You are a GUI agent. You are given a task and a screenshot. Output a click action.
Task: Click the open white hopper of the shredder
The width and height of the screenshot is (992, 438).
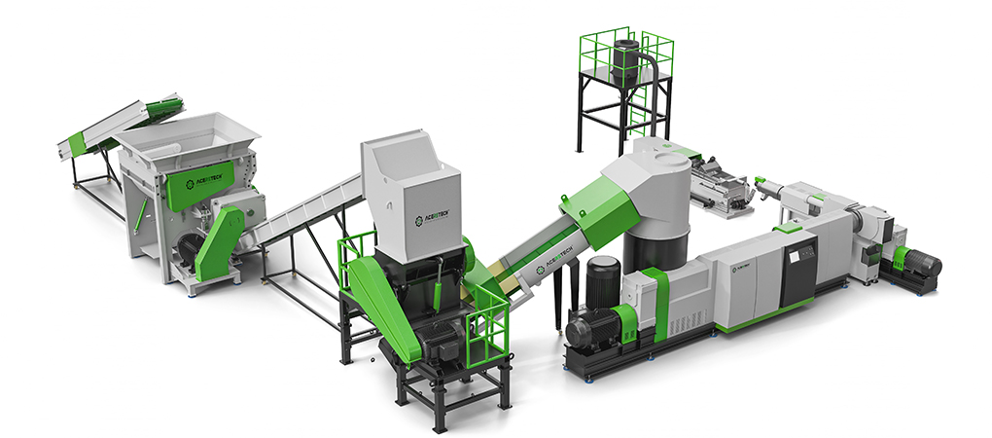pos(190,135)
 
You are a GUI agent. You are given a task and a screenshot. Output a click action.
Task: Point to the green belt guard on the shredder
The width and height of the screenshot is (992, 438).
pos(220,243)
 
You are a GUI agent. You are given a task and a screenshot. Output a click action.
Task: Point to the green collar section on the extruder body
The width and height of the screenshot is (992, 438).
pos(654,302)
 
